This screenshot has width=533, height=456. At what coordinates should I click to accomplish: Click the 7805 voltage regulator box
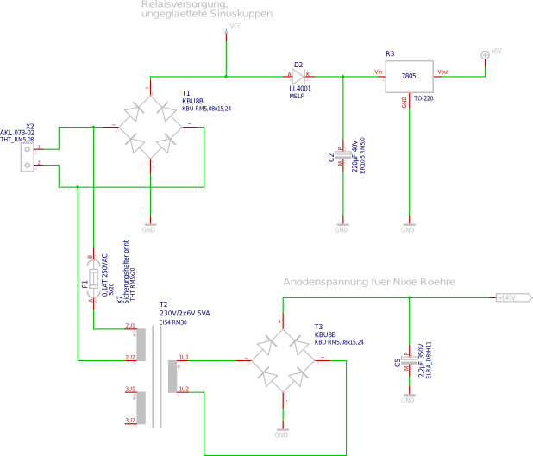(409, 78)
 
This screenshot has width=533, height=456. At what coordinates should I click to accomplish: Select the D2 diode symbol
(298, 76)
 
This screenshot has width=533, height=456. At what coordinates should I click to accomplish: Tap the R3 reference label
(390, 54)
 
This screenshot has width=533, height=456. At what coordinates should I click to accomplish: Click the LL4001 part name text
(300, 88)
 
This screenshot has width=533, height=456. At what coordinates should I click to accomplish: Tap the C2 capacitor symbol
(342, 156)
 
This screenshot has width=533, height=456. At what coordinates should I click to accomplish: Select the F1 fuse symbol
(93, 282)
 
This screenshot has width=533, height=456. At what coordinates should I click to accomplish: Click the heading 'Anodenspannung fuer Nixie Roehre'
(369, 283)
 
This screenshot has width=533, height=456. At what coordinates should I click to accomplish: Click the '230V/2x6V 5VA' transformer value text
(184, 313)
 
